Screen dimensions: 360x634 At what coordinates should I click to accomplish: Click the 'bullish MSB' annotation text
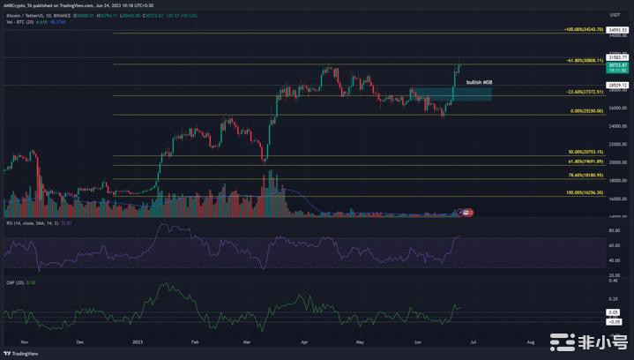tap(480, 82)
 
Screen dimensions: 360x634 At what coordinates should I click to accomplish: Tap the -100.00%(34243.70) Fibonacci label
tap(584, 29)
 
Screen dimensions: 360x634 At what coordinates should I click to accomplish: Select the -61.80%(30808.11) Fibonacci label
tap(584, 61)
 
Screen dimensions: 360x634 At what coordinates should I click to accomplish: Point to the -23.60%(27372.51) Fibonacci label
tap(584, 92)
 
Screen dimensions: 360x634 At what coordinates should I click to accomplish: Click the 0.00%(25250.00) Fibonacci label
tap(586, 111)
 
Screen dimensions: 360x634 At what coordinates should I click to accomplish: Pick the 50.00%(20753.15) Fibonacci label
tap(586, 152)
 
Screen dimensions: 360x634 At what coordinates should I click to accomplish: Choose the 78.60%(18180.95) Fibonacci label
tap(586, 175)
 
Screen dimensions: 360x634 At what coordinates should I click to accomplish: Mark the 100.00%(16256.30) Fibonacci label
tap(585, 192)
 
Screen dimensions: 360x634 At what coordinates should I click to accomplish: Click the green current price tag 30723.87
tap(617, 65)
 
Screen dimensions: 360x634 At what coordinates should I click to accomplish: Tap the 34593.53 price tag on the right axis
tap(617, 30)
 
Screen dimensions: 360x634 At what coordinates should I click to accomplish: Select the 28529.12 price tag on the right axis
tap(617, 85)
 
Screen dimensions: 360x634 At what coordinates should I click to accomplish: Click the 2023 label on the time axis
tap(137, 340)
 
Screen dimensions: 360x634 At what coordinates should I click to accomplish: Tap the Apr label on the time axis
tap(305, 340)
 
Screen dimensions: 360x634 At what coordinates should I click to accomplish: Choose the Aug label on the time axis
tap(530, 340)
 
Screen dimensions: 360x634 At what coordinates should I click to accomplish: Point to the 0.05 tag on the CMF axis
tap(614, 312)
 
